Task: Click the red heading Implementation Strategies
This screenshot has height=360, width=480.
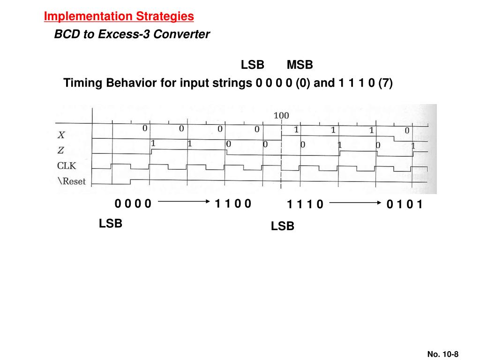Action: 119,16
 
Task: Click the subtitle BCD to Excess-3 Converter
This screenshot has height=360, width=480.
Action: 132,34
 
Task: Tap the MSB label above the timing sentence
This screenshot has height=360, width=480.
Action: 300,65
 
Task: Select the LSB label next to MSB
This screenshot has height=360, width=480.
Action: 253,65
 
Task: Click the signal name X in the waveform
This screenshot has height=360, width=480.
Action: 61,135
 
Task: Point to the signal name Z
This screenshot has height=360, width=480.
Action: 61,150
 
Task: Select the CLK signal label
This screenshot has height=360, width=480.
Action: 67,165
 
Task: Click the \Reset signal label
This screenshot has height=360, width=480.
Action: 72,181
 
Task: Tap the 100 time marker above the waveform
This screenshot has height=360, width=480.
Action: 281,116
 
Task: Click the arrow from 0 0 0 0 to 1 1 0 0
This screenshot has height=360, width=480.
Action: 183,202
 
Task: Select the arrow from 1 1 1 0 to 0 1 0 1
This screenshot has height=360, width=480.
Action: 355,203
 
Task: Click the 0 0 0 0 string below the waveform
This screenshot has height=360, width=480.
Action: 133,203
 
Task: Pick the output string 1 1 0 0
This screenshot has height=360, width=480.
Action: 233,203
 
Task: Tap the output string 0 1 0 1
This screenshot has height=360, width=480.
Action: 405,204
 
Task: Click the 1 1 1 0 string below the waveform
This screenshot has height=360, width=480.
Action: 305,204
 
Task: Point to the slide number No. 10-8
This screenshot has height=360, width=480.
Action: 442,354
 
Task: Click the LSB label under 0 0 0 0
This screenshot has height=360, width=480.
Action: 111,224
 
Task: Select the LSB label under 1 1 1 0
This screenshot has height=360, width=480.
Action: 283,226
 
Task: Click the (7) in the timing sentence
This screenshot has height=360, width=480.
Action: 386,83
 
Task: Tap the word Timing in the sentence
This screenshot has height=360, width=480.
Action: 83,83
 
